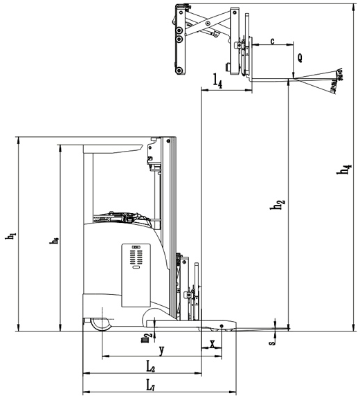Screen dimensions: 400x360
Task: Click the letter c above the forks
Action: pos(272,42)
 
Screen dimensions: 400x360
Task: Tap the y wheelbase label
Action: pos(161,349)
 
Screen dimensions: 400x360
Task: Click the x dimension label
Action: pos(212,343)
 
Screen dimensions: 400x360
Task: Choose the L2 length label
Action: pos(150,365)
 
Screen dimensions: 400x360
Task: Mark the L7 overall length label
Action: pos(150,384)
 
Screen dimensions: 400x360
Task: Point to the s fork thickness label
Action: pos(272,338)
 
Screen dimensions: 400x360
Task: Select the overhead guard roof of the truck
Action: pos(114,147)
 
